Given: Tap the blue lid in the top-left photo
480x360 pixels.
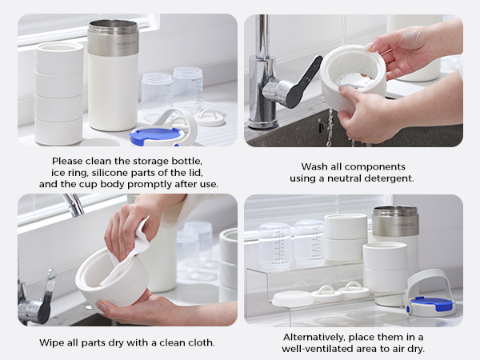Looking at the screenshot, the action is [x=153, y=136].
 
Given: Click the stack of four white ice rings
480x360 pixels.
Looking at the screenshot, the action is [x=58, y=94].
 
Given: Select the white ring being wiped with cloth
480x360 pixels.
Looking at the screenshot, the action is [x=112, y=278].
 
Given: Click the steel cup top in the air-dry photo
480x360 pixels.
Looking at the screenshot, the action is [x=395, y=221].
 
